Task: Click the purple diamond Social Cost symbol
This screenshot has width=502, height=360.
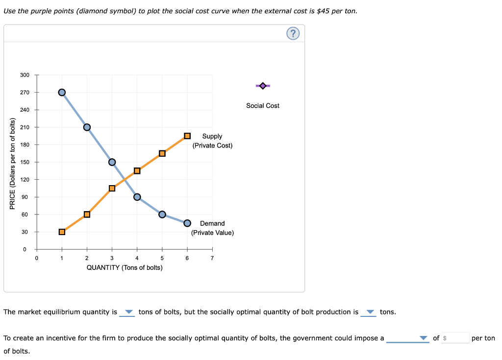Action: tap(263, 86)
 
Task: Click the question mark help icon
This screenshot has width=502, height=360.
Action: tap(293, 33)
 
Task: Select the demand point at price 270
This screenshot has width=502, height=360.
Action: tap(62, 92)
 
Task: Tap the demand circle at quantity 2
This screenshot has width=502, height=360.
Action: tap(87, 127)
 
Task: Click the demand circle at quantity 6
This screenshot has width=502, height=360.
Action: tap(187, 223)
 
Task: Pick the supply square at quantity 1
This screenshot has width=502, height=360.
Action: tap(62, 232)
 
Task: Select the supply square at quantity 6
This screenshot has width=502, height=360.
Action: tap(187, 136)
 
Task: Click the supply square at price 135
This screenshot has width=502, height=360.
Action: tap(137, 170)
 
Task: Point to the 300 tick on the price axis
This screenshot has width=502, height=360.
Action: tap(25, 75)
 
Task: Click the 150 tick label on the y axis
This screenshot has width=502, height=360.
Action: tap(25, 162)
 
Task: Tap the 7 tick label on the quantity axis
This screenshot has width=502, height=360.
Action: tap(212, 259)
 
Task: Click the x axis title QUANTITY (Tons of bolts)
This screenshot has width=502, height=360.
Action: tap(125, 267)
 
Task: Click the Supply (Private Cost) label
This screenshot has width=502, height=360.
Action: tap(212, 141)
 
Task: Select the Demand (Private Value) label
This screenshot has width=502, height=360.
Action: tap(212, 228)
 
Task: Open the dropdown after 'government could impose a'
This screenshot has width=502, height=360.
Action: tap(408, 338)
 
